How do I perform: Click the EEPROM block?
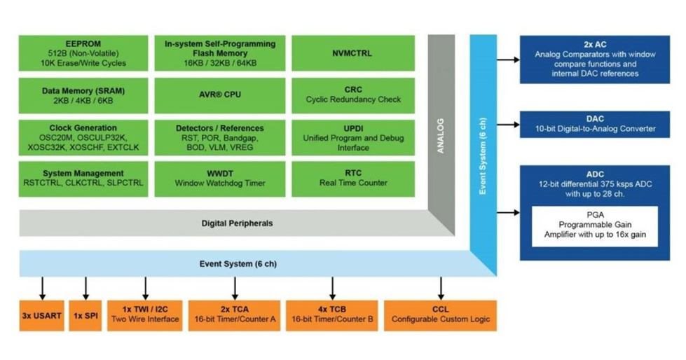click(x=83, y=53)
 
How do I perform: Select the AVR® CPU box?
click(x=219, y=94)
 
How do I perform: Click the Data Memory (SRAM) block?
click(x=83, y=94)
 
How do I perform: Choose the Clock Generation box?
click(x=83, y=137)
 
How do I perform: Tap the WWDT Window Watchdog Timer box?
click(x=219, y=178)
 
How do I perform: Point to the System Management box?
click(x=83, y=178)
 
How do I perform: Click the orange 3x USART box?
click(x=42, y=316)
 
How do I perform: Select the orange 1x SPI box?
click(x=86, y=316)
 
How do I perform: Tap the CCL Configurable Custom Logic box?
click(x=441, y=316)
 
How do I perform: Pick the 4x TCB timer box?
click(x=331, y=316)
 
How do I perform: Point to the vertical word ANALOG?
click(x=440, y=133)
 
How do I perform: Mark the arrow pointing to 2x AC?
click(x=508, y=60)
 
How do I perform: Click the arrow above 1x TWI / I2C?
click(x=146, y=288)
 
